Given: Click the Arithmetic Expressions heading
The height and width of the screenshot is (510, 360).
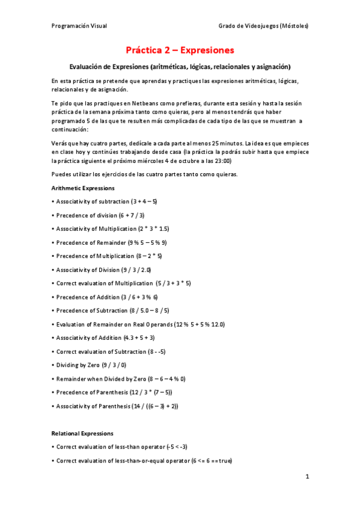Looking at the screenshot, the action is pos(81,188).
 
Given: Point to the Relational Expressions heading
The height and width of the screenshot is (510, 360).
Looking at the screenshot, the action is pos(82,433).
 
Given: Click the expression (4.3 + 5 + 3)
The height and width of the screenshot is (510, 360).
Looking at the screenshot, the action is pos(139,337).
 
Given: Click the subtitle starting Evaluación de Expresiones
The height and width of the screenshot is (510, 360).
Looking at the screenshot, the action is pos(180,66).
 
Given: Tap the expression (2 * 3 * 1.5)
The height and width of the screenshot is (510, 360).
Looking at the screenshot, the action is pos(153,229).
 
